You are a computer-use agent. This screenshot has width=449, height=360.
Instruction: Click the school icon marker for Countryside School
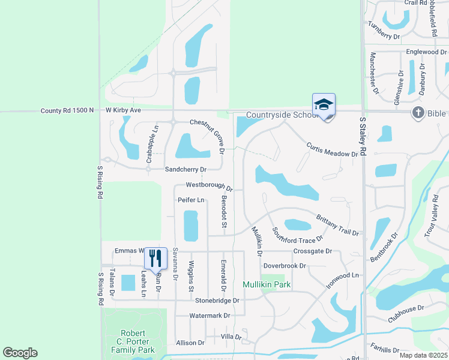pos(324,105)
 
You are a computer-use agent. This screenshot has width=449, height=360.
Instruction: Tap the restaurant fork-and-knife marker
pos(155,259)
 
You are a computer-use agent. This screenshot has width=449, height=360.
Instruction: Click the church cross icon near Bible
pos(418,112)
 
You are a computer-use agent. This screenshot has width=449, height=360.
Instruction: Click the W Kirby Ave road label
pos(123,110)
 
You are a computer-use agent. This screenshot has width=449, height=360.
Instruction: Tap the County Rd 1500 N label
pos(67,110)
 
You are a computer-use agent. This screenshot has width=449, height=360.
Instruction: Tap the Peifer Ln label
pos(191,199)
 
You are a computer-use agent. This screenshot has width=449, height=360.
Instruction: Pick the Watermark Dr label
pos(209,315)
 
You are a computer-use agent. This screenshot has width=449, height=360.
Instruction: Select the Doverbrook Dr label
pos(285,265)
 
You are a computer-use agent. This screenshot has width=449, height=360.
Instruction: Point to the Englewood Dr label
pos(426,52)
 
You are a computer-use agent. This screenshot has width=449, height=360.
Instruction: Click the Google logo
pos(20,353)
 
